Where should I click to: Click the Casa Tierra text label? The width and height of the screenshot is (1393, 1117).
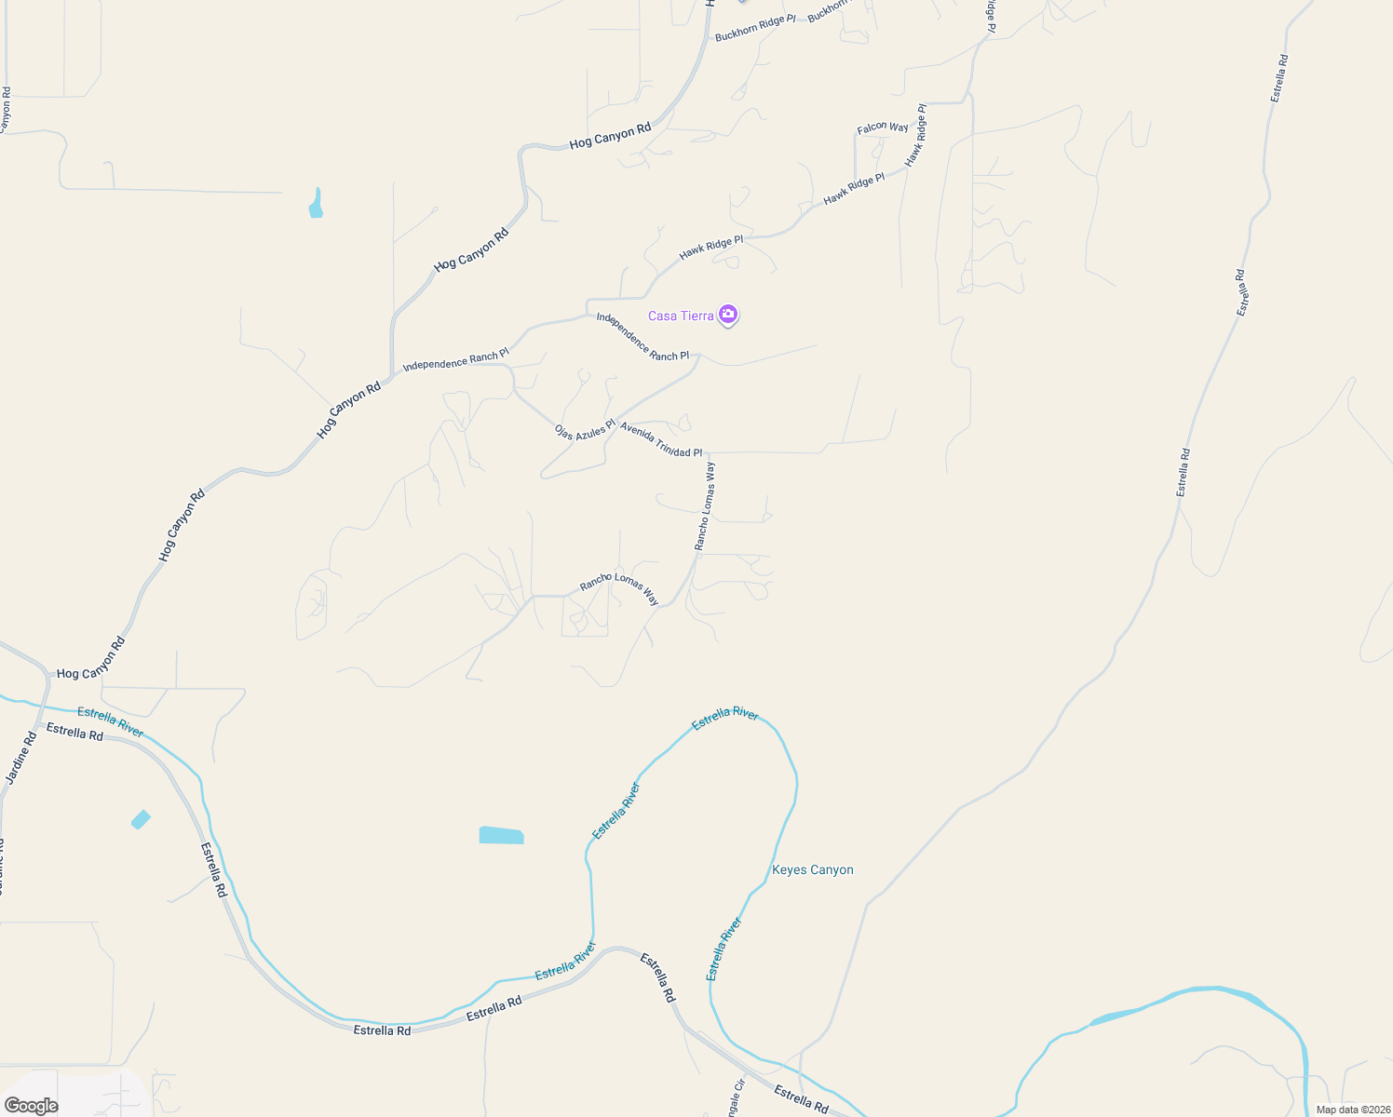[681, 316]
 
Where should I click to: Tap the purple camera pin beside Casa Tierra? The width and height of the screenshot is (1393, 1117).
[728, 315]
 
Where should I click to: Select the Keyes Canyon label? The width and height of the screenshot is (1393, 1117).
[813, 870]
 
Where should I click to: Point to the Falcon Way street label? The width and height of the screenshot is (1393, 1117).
[883, 128]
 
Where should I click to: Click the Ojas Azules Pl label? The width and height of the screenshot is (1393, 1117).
[585, 433]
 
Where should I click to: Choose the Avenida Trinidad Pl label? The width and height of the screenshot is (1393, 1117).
[661, 440]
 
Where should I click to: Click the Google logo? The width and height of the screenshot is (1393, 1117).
[32, 1106]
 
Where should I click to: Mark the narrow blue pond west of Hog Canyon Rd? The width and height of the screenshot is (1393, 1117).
[316, 204]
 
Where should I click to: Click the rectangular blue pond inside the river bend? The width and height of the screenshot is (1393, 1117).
[501, 835]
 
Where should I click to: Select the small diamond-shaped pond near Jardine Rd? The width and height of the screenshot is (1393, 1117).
[141, 819]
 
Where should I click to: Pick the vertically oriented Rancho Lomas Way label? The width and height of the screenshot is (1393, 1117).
[705, 506]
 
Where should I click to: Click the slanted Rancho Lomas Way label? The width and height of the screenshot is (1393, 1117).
[619, 588]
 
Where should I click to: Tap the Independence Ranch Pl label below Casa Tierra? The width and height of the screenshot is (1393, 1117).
[642, 337]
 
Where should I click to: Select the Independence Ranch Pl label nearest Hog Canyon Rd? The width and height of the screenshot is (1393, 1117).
[455, 360]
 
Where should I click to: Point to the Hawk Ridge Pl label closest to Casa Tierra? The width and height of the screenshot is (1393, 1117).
[711, 247]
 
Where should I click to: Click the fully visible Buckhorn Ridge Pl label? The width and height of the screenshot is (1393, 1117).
[755, 28]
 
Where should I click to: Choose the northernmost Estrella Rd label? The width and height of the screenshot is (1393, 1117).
[1280, 78]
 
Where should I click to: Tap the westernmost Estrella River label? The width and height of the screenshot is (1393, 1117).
[111, 722]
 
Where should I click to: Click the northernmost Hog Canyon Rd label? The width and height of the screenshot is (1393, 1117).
[610, 137]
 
